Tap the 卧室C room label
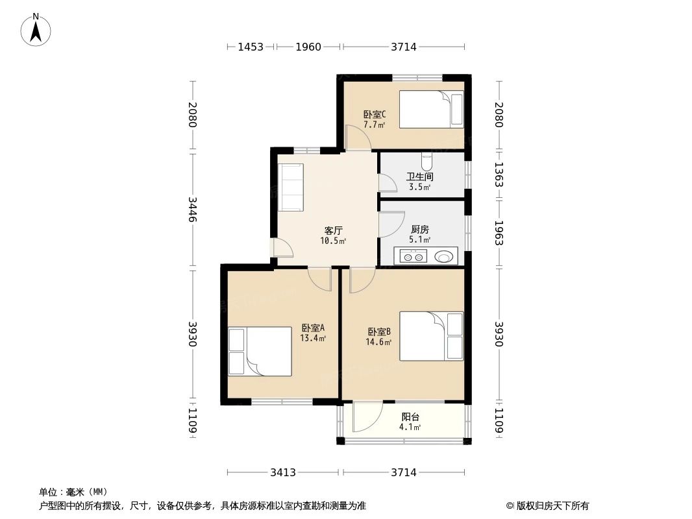[x=375, y=115]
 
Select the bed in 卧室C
[x=431, y=110]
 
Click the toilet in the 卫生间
[x=426, y=162]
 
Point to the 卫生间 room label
[x=420, y=177]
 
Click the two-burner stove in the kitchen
[x=414, y=256]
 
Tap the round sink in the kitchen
[x=443, y=256]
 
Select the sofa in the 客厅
[x=290, y=187]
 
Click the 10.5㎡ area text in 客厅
[x=333, y=241]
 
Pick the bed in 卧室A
[x=260, y=352]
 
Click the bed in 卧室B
[x=431, y=337]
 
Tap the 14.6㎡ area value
[x=378, y=342]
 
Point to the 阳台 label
[x=410, y=416]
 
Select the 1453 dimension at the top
[x=251, y=47]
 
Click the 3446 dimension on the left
[x=192, y=209]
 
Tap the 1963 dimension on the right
[x=499, y=233]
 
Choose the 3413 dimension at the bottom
[x=283, y=473]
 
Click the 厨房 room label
[x=420, y=229]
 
